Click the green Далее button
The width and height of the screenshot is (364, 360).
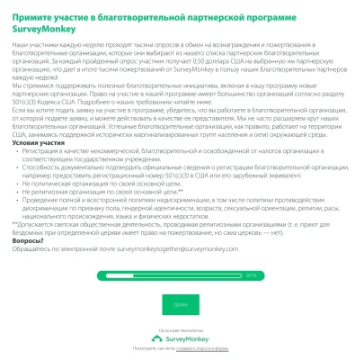[181, 304]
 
